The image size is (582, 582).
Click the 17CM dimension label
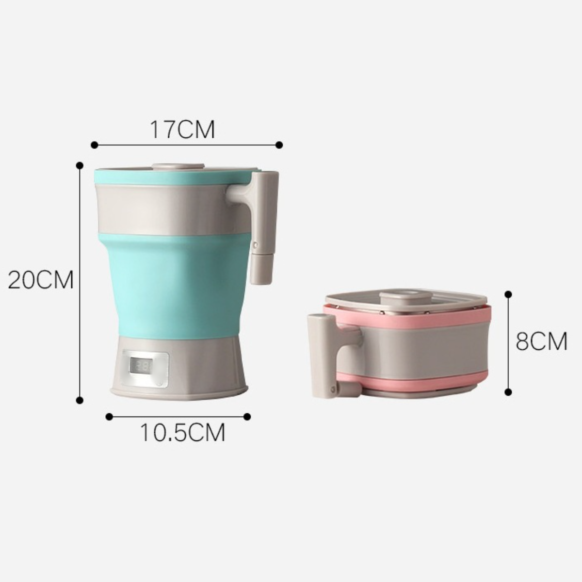(182, 130)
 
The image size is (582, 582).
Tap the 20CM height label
(41, 280)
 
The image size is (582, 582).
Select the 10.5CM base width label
(183, 433)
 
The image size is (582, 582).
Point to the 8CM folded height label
(541, 341)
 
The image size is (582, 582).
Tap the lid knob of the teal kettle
(178, 167)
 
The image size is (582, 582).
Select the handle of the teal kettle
(260, 226)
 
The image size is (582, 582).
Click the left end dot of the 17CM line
(94, 145)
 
